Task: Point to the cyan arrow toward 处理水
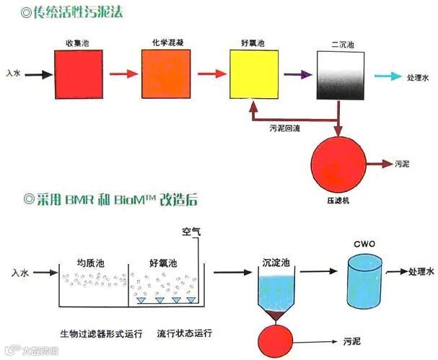click(387, 74)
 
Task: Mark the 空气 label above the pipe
click(191, 232)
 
